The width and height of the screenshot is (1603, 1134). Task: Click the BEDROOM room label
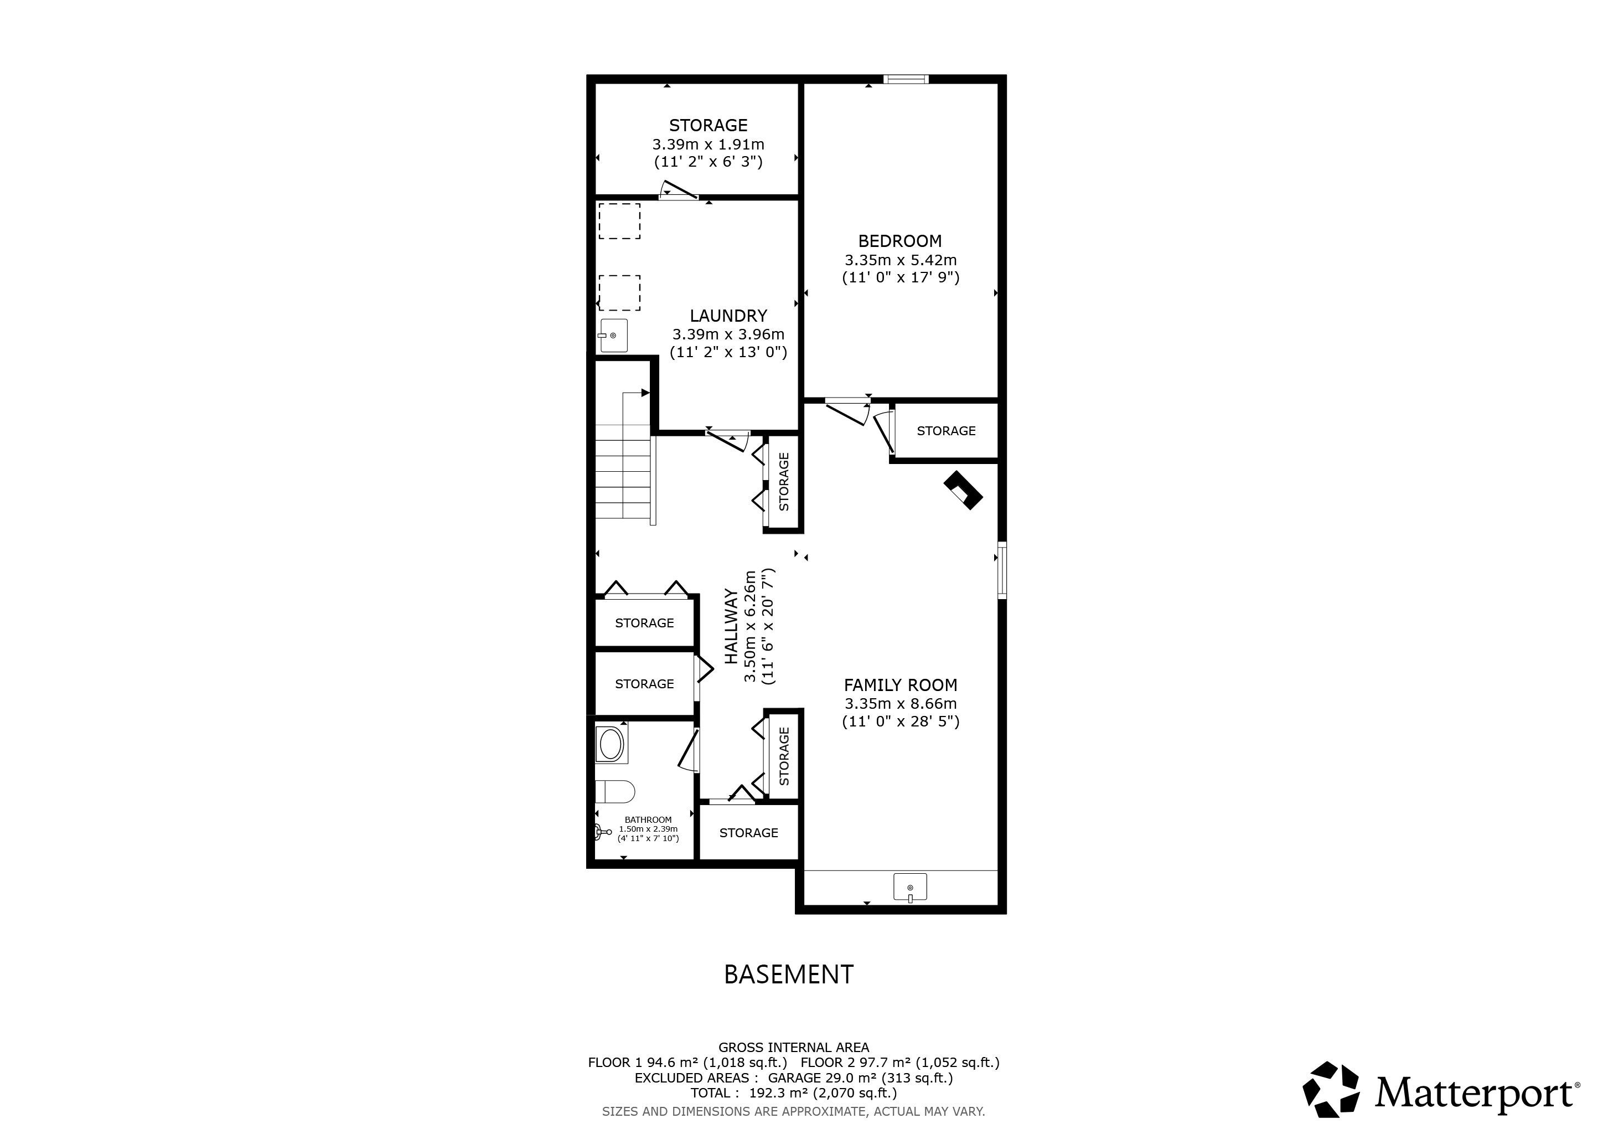899,241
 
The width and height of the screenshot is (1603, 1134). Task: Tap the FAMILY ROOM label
900,685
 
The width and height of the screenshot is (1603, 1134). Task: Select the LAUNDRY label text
728,316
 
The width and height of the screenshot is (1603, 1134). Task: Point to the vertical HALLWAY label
731,626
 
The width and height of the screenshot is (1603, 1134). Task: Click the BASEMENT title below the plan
788,974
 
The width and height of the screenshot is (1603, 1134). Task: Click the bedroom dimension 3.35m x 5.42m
900,260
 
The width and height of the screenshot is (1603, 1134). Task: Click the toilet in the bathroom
614,792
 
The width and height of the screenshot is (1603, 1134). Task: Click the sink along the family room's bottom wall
911,888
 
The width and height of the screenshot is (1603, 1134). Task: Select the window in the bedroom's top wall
906,79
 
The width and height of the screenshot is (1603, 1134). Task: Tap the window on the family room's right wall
1002,570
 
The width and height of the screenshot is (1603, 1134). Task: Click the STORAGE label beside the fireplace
946,431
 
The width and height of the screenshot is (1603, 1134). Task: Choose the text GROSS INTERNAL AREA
794,1048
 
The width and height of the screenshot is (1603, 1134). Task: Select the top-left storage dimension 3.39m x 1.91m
708,145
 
